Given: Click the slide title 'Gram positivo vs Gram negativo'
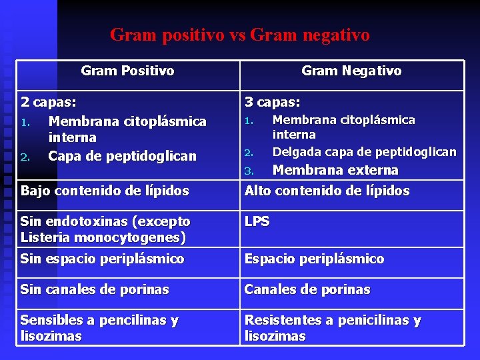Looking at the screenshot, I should click(x=239, y=35).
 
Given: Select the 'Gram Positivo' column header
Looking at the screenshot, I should click(x=127, y=71).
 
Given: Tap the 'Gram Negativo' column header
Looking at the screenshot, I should click(x=351, y=71).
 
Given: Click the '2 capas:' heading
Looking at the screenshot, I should click(x=49, y=103).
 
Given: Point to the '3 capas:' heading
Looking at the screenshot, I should click(x=272, y=103).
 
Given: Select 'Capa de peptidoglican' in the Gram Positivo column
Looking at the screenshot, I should click(x=123, y=156).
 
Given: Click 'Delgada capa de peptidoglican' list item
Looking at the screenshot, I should click(x=365, y=152).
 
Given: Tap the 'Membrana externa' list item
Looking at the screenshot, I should click(x=335, y=170).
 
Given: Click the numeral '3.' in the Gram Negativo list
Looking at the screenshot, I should click(x=249, y=171).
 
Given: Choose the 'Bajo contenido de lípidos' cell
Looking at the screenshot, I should click(x=105, y=191).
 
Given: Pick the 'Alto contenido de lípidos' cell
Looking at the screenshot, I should click(x=327, y=191).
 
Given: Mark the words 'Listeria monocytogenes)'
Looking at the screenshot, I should click(x=103, y=237).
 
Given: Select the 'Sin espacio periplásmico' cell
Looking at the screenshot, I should click(x=102, y=259).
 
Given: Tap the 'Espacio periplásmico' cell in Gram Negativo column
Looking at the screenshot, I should click(x=314, y=259).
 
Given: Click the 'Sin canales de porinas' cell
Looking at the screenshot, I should click(x=95, y=290).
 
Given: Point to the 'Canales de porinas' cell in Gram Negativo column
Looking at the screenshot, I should click(x=307, y=290).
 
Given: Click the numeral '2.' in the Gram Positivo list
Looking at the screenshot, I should click(x=25, y=157).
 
